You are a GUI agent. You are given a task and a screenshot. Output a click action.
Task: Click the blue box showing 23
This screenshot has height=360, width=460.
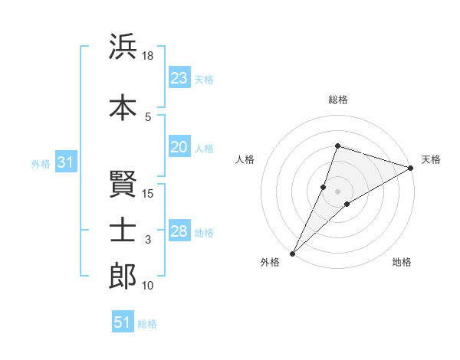(179, 78)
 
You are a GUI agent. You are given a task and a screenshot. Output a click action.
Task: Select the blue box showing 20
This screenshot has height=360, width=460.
(179, 148)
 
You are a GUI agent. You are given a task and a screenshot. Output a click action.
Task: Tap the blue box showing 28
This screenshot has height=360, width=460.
(179, 232)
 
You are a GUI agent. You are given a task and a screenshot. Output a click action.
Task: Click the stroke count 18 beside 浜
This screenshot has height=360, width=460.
(148, 56)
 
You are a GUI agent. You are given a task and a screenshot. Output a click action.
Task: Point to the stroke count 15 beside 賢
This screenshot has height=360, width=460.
(148, 193)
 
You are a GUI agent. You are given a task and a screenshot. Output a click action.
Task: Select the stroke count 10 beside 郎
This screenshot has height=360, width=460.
(148, 286)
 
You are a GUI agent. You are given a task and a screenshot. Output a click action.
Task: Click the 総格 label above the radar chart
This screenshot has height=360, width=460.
(337, 100)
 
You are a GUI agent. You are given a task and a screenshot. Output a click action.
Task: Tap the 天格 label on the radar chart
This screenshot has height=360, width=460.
(431, 159)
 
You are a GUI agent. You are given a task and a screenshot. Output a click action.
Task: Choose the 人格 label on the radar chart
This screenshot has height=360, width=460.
(245, 159)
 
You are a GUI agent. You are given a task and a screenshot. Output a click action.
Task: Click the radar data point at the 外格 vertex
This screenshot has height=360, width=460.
(292, 253)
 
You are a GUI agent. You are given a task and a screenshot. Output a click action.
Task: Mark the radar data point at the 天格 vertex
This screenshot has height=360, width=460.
(411, 168)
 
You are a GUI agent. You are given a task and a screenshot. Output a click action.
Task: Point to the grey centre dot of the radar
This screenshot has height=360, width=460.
(337, 191)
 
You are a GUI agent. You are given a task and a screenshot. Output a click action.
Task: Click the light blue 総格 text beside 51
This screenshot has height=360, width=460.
(147, 324)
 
